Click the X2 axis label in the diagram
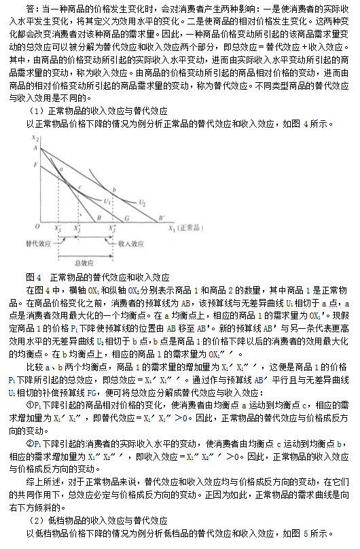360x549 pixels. tap(33, 139)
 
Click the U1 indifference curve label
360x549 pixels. tap(107, 200)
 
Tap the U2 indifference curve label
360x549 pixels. tap(142, 202)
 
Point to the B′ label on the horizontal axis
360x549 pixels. tap(161, 219)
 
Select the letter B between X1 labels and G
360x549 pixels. tap(99, 219)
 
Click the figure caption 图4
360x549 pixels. tap(33, 278)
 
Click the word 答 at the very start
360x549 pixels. tap(32, 8)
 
